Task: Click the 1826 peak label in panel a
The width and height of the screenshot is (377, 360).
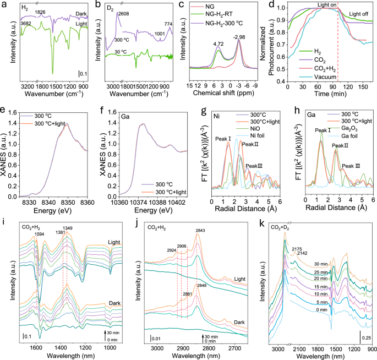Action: [40, 12]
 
